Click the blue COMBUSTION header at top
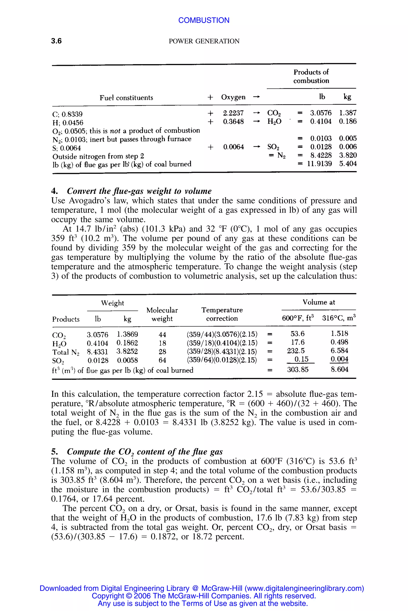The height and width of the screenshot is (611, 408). pyautogui.click(x=204, y=20)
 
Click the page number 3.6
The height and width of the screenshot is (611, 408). pyautogui.click(x=56, y=41)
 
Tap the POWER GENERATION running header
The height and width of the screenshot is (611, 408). pyautogui.click(x=204, y=41)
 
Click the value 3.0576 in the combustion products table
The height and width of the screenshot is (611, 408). pyautogui.click(x=321, y=113)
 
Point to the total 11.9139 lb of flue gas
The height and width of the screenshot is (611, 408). pyautogui.click(x=319, y=164)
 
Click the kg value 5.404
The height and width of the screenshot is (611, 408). pyautogui.click(x=348, y=164)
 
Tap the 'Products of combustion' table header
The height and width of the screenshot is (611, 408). pyautogui.click(x=311, y=76)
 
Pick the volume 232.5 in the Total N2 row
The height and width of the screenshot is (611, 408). pyautogui.click(x=296, y=351)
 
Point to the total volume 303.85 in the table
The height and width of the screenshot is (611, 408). pyautogui.click(x=298, y=369)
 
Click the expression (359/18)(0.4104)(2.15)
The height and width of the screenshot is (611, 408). pyautogui.click(x=222, y=343)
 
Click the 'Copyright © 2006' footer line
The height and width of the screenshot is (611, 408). pyautogui.click(x=204, y=596)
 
